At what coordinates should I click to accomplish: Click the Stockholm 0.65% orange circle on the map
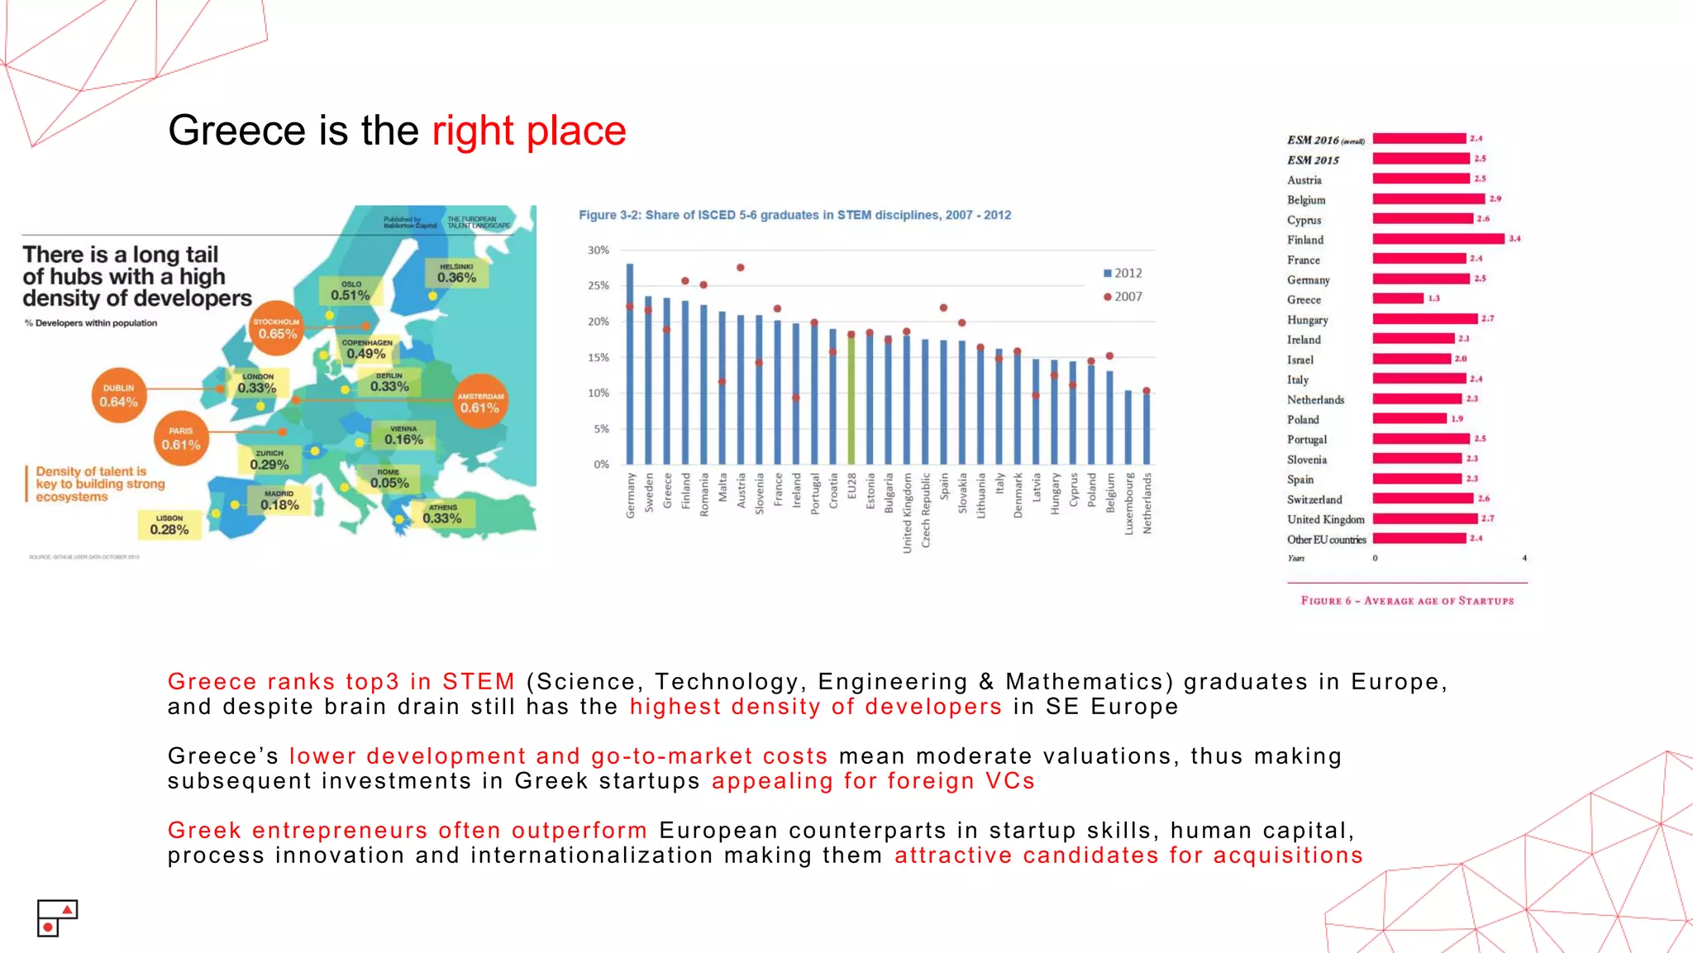point(277,328)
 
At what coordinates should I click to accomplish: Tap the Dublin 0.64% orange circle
point(119,396)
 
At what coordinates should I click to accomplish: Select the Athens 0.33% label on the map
point(442,514)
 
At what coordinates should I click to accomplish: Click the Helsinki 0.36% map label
point(456,274)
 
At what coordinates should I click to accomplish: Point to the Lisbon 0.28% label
point(169,525)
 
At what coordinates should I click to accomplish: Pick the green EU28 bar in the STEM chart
point(851,401)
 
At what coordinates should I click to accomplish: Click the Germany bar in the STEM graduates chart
point(630,364)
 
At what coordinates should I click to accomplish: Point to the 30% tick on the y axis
point(599,250)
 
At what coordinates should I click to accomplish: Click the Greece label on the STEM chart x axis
point(667,491)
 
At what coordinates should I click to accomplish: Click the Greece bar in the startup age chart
point(1398,298)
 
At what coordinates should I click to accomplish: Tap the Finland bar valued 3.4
point(1438,239)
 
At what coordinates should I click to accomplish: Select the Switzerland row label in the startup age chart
point(1314,499)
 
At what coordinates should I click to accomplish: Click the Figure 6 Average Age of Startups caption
point(1407,601)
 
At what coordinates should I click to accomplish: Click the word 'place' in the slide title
point(576,131)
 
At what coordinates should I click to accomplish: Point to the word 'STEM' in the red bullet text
point(479,682)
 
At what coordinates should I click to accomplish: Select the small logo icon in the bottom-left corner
point(57,918)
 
